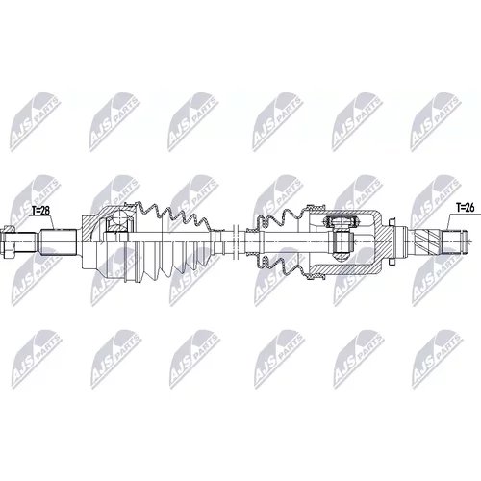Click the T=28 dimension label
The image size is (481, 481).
coord(40,211)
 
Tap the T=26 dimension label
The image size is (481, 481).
coord(465,208)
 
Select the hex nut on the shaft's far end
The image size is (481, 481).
coord(9,242)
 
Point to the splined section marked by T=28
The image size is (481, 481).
coord(59,242)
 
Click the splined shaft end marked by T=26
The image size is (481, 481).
coord(454,241)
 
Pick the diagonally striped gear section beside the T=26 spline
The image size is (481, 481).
coord(425,241)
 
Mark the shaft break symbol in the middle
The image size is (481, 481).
coord(236,242)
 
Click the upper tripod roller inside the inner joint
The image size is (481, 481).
coord(341,220)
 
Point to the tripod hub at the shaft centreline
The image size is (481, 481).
coord(342,241)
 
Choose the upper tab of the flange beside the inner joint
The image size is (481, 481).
coord(391,222)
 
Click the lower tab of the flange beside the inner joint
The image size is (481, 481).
coord(391,262)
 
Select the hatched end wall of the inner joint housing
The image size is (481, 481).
coord(385,241)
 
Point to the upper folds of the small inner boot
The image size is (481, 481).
coord(279,218)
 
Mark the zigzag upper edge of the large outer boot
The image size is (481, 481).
coord(173,215)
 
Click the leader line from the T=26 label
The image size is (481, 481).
coord(446,221)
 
